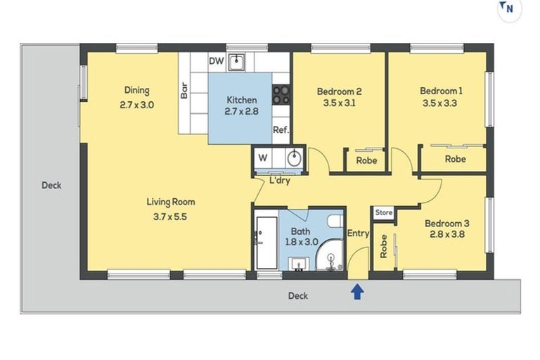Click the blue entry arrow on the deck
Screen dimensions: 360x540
[357, 291]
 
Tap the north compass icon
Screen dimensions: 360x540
[508, 10]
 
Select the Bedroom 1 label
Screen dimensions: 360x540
[441, 91]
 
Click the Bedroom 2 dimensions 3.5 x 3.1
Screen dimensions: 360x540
[339, 104]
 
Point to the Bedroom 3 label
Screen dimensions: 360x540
[446, 224]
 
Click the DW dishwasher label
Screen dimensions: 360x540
[217, 61]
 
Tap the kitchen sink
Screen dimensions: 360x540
[238, 62]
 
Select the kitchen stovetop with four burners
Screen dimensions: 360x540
[281, 94]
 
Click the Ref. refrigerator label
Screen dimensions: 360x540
[281, 130]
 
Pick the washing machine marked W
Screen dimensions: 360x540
[263, 157]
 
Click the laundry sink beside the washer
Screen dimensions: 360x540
[295, 157]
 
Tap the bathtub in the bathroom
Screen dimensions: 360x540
[266, 242]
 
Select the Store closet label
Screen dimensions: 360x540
[383, 212]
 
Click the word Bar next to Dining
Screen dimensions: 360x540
[184, 91]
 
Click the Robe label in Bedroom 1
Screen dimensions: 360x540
[455, 160]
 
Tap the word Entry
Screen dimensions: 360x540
[358, 234]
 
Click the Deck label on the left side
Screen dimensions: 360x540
[51, 186]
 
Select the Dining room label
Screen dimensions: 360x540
[137, 90]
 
